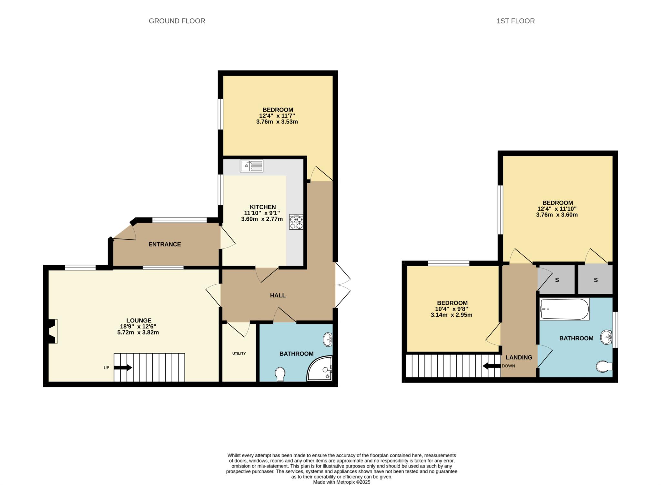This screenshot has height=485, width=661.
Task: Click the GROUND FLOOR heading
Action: pos(177,21)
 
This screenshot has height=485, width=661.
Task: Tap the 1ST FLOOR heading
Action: pos(515,21)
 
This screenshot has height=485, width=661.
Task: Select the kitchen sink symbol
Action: pos(252,166)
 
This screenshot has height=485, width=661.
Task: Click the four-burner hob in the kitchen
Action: pos(296,222)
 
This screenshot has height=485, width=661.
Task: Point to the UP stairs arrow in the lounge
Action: pos(123,368)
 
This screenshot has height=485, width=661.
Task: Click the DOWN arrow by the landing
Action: pos(492,366)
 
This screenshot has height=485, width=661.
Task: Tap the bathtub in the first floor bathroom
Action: pos(564,309)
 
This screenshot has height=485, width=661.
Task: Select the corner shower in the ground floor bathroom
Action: pos(320,368)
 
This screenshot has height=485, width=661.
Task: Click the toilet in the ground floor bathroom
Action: pos(280,374)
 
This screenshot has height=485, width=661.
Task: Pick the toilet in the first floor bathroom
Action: pos(604,366)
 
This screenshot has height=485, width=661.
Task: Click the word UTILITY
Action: pos(239,353)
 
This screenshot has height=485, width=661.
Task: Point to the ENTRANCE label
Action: pos(165,244)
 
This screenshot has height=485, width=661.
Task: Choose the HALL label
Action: pos(278,295)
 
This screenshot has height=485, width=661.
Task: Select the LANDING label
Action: pos(519,357)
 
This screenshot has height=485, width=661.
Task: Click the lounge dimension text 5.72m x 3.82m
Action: pos(138,332)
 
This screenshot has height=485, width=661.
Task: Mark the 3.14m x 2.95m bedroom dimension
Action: pos(452,315)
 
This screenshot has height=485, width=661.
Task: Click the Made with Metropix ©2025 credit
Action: pos(342,482)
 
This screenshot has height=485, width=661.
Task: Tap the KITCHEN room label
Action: pos(263,207)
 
